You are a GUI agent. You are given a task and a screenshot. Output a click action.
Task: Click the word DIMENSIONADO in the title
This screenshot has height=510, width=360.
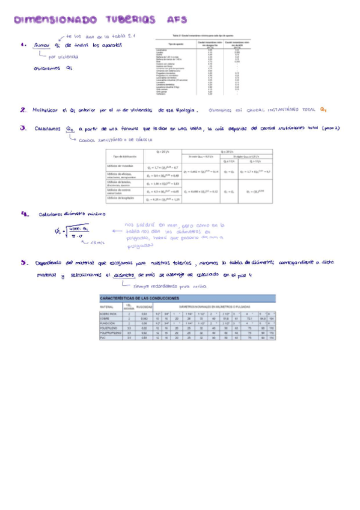click(52, 20)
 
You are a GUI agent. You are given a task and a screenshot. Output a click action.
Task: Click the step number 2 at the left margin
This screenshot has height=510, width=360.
click(22, 110)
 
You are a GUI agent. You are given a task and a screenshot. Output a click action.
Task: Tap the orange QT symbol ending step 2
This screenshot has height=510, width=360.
click(323, 110)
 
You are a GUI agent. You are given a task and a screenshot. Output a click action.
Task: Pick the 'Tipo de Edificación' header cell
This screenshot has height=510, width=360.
click(123, 157)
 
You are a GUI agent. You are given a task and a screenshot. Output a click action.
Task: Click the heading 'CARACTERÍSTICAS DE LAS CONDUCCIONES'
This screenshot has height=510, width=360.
click(139, 298)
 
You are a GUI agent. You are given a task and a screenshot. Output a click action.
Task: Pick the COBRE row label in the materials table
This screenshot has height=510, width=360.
click(108, 318)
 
